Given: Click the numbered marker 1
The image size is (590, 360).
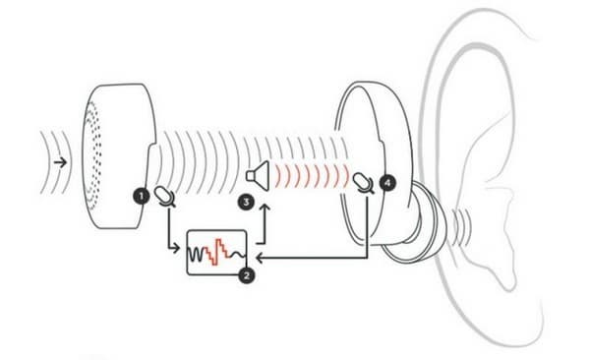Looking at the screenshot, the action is (144, 195).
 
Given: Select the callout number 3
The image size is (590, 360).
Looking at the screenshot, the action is (245, 203).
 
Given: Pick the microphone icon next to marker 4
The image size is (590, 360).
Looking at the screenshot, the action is (365, 182).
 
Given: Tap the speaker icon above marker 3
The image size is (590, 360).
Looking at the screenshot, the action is (258, 176).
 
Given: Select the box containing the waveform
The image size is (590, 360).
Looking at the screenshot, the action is (217, 253).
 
